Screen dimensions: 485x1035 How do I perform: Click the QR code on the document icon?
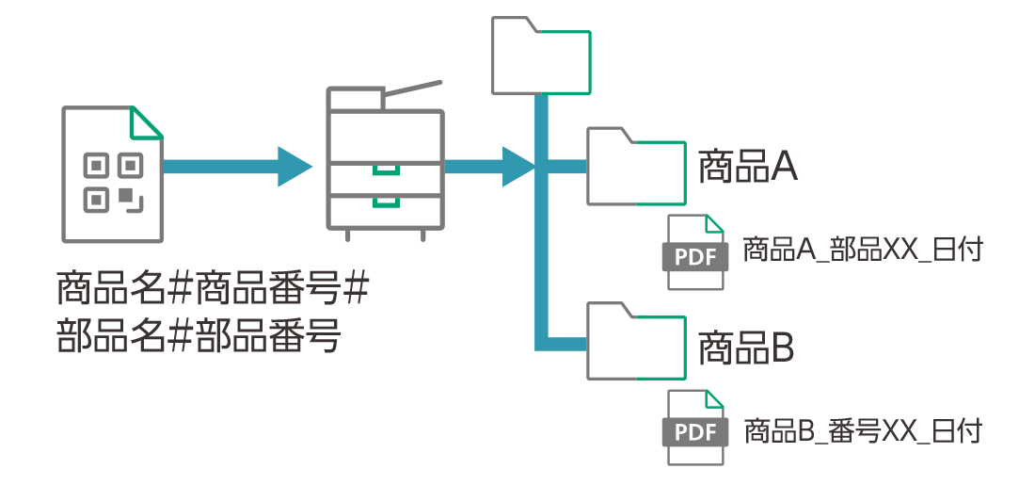pyautogui.click(x=113, y=182)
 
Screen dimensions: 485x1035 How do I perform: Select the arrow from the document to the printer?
pyautogui.click(x=235, y=167)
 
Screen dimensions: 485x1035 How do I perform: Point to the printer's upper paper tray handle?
pyautogui.click(x=386, y=170)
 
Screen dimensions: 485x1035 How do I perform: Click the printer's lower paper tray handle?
pyautogui.click(x=386, y=202)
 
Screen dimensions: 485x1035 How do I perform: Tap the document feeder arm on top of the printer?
pyautogui.click(x=412, y=90)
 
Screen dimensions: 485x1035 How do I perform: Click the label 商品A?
pyautogui.click(x=747, y=168)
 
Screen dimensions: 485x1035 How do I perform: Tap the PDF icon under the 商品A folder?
pyautogui.click(x=695, y=252)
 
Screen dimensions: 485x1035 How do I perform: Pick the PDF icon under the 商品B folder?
pyautogui.click(x=695, y=428)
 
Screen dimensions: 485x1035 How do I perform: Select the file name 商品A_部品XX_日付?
pyautogui.click(x=862, y=251)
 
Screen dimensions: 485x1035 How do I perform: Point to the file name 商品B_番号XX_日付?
pyautogui.click(x=862, y=431)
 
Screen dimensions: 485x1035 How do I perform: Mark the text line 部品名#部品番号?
pyautogui.click(x=198, y=335)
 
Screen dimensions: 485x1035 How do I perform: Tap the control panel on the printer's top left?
pyautogui.click(x=355, y=98)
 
